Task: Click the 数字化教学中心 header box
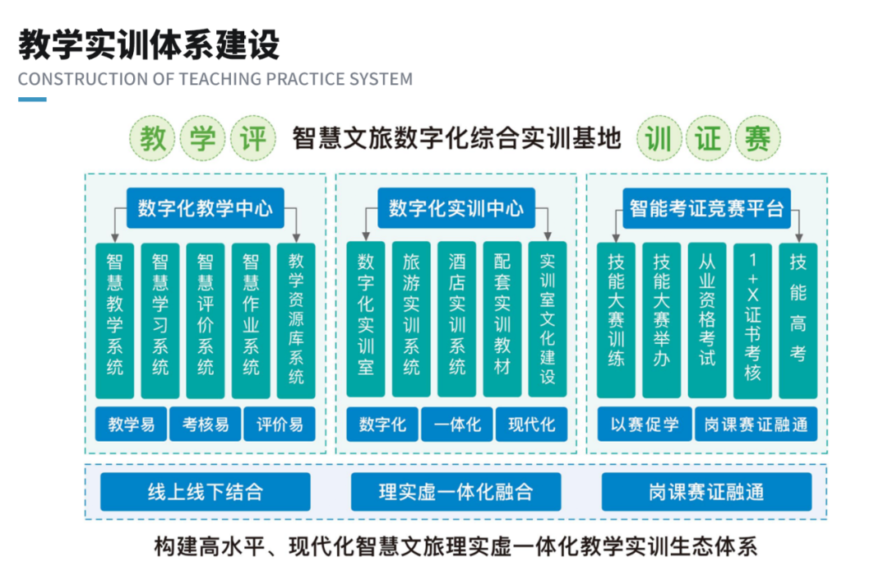coord(205,208)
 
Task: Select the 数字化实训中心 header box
coord(456,208)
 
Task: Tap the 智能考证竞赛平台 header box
coord(706,208)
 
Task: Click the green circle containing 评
coord(252,139)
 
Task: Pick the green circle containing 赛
coord(756,139)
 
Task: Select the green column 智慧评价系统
coord(206,320)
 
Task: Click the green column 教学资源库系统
coord(296,320)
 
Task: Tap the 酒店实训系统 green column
coord(456,320)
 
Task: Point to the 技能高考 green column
coord(798,320)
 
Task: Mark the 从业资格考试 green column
coord(707,320)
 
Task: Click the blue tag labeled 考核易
coord(206,425)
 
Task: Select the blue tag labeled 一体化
coord(456,425)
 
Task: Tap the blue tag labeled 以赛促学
coord(645,425)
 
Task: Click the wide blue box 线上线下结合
coord(205,492)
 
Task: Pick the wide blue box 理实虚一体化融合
coord(456,492)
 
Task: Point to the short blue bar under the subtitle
coord(32,100)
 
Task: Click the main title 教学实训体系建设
coord(149,45)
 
